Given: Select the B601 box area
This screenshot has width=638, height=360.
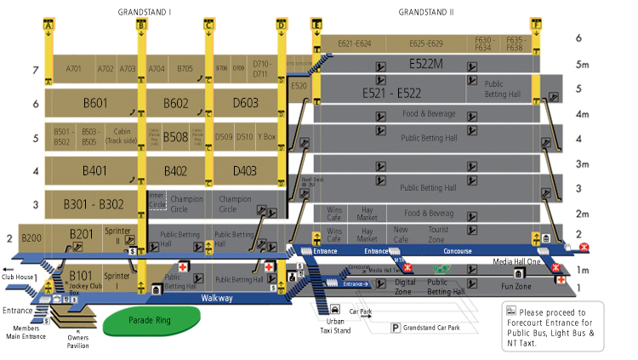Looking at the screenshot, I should pos(94,103).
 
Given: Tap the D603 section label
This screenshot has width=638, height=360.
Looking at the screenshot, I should pos(245,103).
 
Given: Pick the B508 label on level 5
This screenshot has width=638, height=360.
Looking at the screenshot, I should pos(175,136).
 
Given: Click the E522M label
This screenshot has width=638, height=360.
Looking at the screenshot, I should pos(426,64).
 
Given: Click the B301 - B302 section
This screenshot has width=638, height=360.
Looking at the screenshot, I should pos(94,204).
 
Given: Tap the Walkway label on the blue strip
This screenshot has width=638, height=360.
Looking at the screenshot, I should pos(216,299).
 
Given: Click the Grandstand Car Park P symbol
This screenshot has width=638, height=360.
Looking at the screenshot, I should pos(396,328).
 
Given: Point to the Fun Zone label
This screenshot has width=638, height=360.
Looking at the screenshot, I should pos(516,286).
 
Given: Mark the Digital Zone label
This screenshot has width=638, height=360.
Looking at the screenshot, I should pos(405,286).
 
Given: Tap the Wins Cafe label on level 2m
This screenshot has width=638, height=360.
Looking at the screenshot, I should pos(335,214).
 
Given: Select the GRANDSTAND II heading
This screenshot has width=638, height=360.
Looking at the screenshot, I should pos(426,12).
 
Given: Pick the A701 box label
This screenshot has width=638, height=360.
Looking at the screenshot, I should pos(73,69).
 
